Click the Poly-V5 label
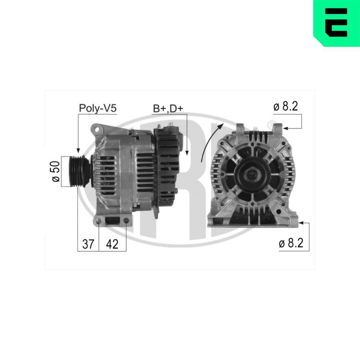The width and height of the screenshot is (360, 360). pos(98,108)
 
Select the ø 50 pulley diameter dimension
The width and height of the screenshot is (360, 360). pos(56,171)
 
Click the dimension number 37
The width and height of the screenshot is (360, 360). pos(88,244)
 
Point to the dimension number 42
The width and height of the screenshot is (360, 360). pos(112,244)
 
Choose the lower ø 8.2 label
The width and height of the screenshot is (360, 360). pos(291,243)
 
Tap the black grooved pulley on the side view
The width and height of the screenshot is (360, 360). pos(77,171)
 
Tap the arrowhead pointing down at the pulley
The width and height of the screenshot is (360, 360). pos(77,150)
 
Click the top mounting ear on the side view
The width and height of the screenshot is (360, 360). pos(97,129)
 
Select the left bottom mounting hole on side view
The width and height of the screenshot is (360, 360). pos(99,220)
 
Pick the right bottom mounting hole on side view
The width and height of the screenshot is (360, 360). pos(126,220)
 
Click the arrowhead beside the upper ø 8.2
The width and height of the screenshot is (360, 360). pos(285,128)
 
